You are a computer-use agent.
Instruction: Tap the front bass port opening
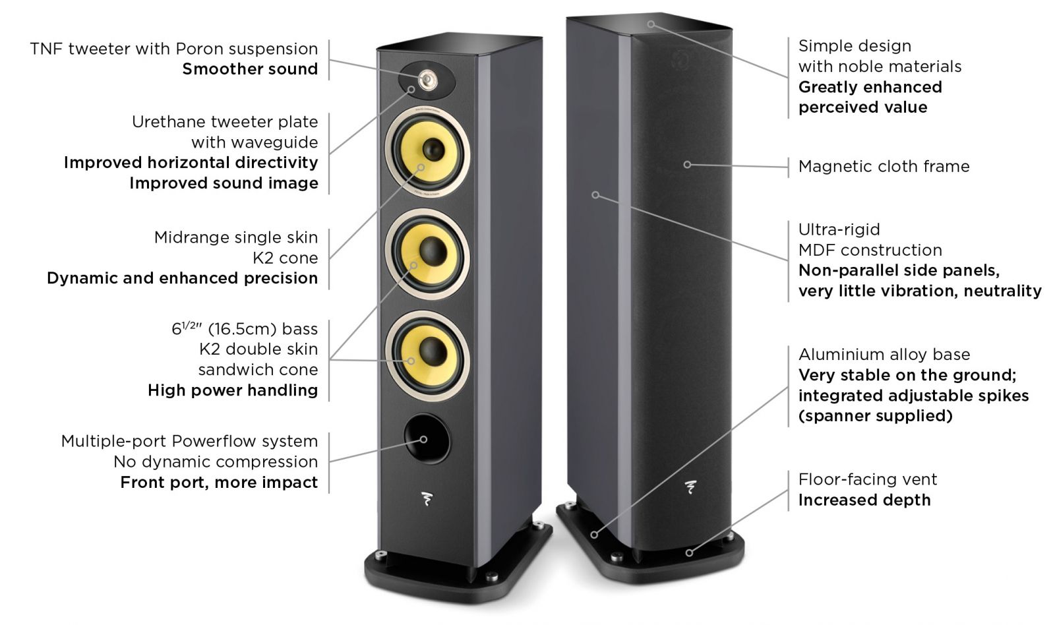pos(427,438)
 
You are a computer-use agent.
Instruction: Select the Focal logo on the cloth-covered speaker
pos(690,488)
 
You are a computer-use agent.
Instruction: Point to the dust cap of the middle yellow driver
pos(433,250)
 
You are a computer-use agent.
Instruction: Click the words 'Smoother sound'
pos(250,69)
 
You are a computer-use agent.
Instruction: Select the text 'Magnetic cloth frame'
pos(884,166)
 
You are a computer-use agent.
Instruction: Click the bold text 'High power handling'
pos(232,390)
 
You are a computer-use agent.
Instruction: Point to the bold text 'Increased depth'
pos(864,500)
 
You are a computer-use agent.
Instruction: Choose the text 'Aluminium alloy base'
pos(884,355)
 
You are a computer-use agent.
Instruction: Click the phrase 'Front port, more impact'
pos(219,483)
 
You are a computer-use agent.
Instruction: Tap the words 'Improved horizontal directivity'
pos(191,163)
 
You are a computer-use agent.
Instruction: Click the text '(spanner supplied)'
pos(875,416)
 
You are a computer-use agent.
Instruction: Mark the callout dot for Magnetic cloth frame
pos(687,164)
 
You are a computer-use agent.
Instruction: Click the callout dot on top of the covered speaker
pos(651,24)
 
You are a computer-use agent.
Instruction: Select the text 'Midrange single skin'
pos(235,237)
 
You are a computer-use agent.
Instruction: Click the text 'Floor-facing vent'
pos(867,479)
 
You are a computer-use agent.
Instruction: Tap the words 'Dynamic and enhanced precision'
pos(182,278)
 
